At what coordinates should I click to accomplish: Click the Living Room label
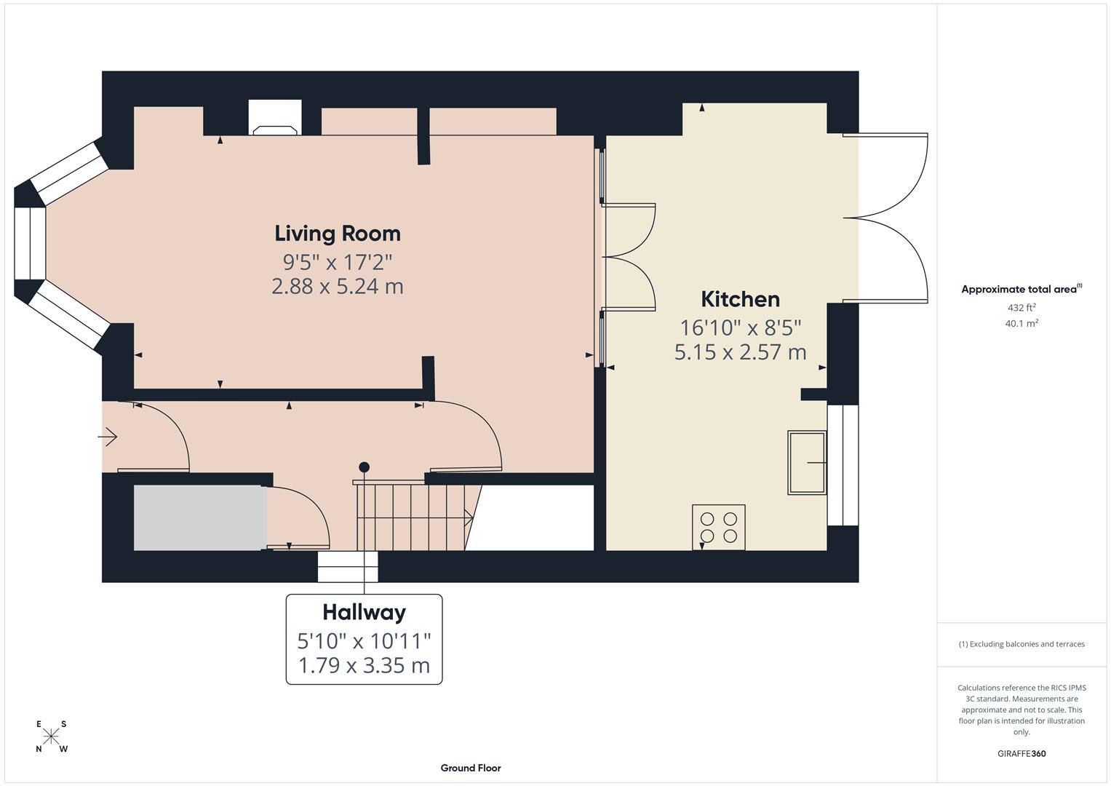pyautogui.click(x=337, y=234)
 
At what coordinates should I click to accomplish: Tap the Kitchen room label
pyautogui.click(x=740, y=299)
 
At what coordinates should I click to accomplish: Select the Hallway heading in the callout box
pyautogui.click(x=364, y=612)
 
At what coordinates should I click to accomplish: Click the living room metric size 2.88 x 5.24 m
pyautogui.click(x=337, y=286)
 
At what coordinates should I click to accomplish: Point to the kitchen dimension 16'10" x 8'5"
pyautogui.click(x=740, y=327)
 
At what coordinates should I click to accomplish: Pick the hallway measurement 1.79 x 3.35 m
pyautogui.click(x=364, y=665)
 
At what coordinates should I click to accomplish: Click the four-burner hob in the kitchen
pyautogui.click(x=718, y=527)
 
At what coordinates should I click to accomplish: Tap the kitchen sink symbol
pyautogui.click(x=807, y=463)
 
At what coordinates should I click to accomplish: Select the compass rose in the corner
pyautogui.click(x=52, y=737)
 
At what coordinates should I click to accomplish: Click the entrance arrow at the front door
pyautogui.click(x=108, y=437)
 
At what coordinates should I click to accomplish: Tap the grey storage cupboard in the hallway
pyautogui.click(x=199, y=517)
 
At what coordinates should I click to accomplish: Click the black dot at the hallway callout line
pyautogui.click(x=364, y=467)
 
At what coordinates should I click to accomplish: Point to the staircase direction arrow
pyautogui.click(x=468, y=517)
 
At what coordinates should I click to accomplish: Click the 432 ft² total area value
pyautogui.click(x=1021, y=308)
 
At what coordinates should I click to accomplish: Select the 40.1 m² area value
pyautogui.click(x=1021, y=324)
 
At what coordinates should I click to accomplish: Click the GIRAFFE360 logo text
pyautogui.click(x=1021, y=753)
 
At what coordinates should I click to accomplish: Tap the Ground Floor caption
pyautogui.click(x=470, y=768)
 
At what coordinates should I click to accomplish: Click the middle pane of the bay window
pyautogui.click(x=30, y=244)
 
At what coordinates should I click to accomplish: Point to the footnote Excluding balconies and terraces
pyautogui.click(x=1021, y=644)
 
